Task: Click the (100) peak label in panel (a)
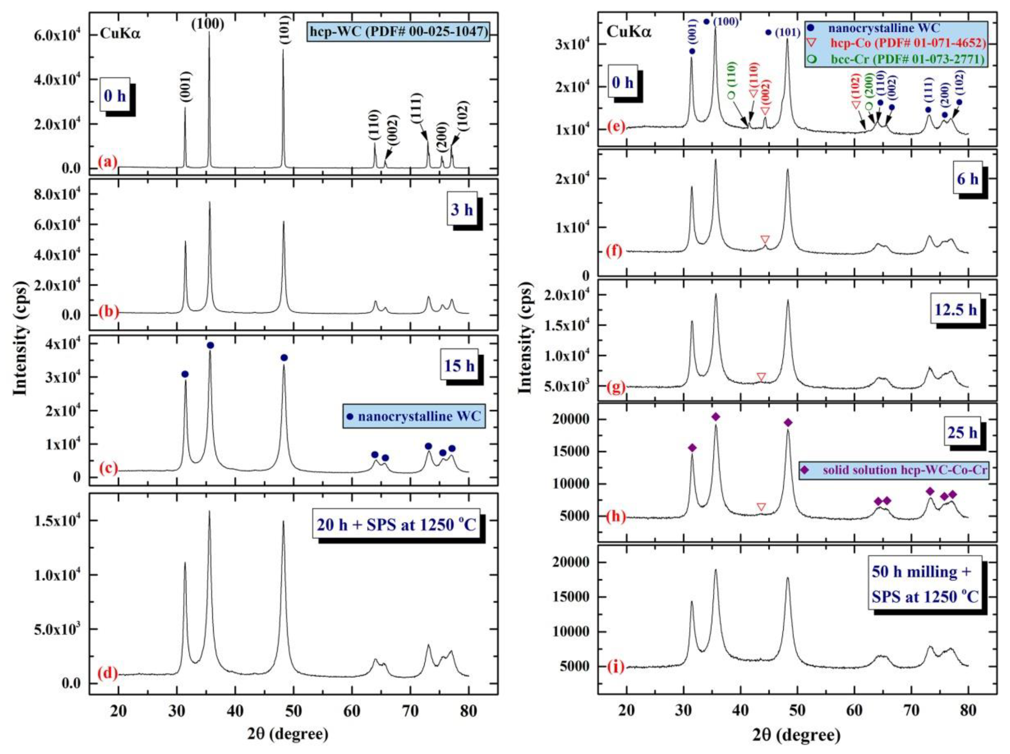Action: click(208, 24)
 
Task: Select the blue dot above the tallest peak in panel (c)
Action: click(210, 345)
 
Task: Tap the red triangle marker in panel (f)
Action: click(765, 239)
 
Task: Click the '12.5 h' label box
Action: click(949, 310)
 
